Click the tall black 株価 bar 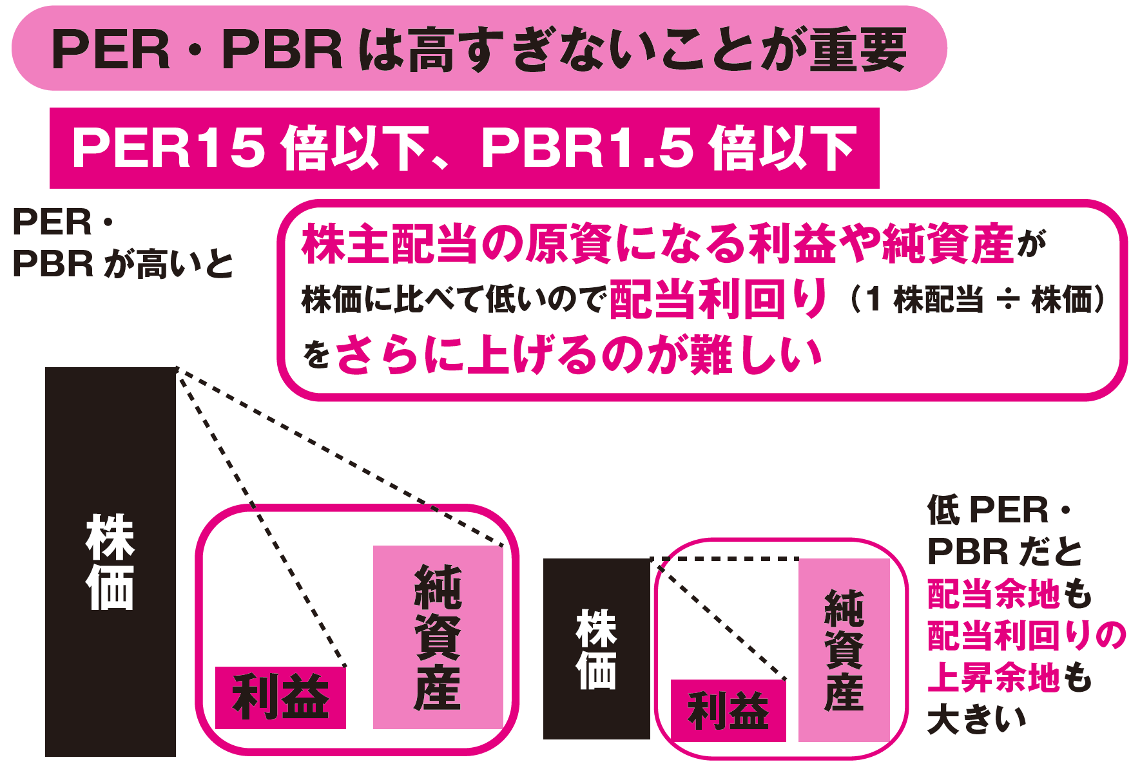pos(110,560)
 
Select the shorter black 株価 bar pos(596,648)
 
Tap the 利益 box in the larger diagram pos(280,698)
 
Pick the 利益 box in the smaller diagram pos(728,710)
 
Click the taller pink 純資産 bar pos(438,637)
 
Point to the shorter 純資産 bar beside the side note pos(844,649)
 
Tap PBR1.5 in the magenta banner pos(586,148)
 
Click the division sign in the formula pos(1007,300)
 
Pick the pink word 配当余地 pos(993,593)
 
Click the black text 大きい pos(976,719)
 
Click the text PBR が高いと pos(122,264)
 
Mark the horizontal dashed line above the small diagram pos(725,559)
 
